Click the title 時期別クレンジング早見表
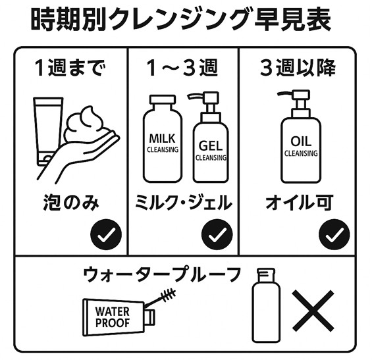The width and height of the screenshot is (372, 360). coord(181,20)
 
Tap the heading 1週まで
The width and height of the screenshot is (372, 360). coord(70,68)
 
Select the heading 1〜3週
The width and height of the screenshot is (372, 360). coord(182,68)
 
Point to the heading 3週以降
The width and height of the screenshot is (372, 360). coord(298,68)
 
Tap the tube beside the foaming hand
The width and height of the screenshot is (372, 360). coord(48,131)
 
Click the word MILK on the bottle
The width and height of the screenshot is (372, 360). coord(162,139)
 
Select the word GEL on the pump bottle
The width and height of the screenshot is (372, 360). coord(211,145)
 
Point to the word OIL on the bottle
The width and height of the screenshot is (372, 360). coord(301,141)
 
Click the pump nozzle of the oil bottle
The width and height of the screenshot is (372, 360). coord(294,97)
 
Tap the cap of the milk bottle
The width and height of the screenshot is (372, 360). coord(163,99)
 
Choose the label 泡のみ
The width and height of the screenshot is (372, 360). coord(70,203)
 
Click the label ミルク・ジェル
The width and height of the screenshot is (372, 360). coord(183,203)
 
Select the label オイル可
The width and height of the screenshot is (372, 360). coord(300,203)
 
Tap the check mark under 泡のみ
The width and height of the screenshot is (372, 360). coord(106,234)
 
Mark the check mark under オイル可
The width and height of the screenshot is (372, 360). coord(334,234)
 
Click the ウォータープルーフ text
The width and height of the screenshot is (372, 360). coord(162,274)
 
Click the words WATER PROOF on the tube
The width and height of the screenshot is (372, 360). coord(112,317)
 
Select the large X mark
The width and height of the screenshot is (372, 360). coord(313,311)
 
